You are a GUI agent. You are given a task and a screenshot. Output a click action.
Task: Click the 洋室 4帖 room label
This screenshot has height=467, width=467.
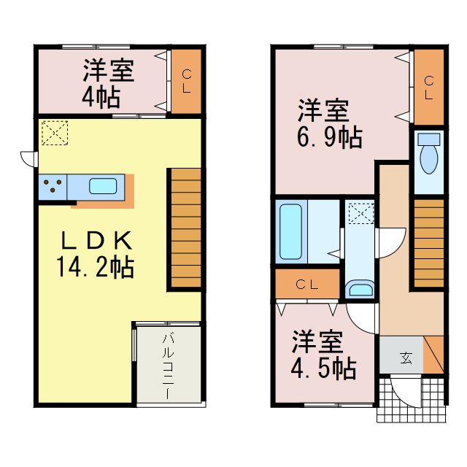coord(107,83)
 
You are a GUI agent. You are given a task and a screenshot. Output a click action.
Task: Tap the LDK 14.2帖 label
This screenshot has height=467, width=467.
coord(95,253)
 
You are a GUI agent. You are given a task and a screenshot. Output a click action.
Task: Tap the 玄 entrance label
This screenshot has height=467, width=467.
coord(404,358)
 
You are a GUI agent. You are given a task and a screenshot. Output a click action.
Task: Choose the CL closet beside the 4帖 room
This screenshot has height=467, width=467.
coord(186,81)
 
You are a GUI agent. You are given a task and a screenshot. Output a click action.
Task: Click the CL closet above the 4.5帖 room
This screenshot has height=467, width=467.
coord(307,285)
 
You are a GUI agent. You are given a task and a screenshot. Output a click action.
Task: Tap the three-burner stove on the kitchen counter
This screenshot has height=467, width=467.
coord(53,186)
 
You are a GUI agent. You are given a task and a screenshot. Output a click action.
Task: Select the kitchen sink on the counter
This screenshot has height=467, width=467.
coord(103,186)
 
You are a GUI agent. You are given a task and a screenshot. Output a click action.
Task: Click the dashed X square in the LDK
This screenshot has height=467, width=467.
coord(54,132)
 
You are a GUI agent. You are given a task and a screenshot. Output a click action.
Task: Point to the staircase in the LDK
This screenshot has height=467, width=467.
coord(185,228)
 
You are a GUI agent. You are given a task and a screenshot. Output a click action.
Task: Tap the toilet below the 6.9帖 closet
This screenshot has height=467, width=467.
coord(428,155)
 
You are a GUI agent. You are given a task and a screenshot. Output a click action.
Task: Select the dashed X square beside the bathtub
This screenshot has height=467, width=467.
coord(360,214)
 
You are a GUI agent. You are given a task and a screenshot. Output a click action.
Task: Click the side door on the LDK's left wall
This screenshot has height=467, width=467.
coord(28,158)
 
